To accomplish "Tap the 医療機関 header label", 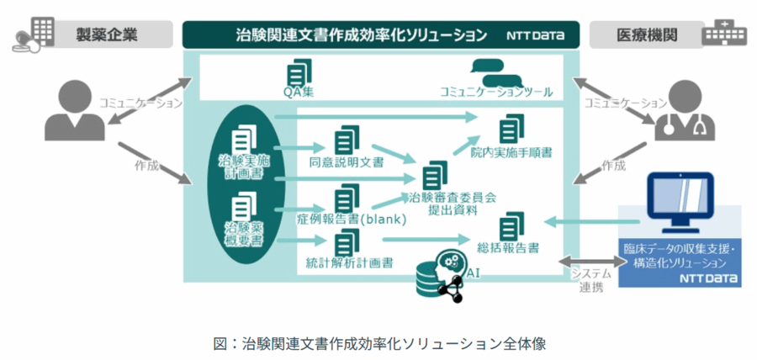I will [646, 35].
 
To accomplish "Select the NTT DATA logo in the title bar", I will [536, 36].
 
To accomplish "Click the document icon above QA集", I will [297, 71].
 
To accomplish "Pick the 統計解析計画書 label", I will [349, 262].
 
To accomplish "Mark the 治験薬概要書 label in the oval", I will [243, 235].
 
